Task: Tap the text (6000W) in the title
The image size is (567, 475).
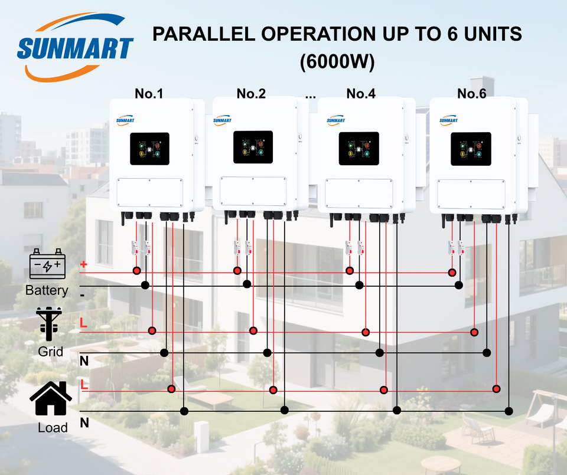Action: pyautogui.click(x=337, y=63)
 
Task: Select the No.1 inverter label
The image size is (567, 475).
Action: pyautogui.click(x=149, y=93)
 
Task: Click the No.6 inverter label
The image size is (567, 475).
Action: pyautogui.click(x=471, y=93)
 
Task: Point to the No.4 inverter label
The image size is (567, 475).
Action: pyautogui.click(x=361, y=93)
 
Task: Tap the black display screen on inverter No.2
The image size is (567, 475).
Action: pyautogui.click(x=253, y=148)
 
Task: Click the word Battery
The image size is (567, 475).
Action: pyautogui.click(x=47, y=290)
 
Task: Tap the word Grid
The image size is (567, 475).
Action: pyautogui.click(x=51, y=352)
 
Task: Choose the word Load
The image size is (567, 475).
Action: pyautogui.click(x=53, y=427)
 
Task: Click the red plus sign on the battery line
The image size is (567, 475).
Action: pyautogui.click(x=83, y=265)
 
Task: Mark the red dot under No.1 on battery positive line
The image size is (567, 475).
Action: pyautogui.click(x=136, y=271)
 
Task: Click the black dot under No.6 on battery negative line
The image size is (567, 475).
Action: pyautogui.click(x=459, y=286)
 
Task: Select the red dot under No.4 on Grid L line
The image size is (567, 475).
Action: pyautogui.click(x=366, y=332)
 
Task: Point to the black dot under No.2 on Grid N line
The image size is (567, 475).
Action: pyautogui.click(x=267, y=353)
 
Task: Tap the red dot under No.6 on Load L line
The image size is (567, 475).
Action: pyautogui.click(x=496, y=389)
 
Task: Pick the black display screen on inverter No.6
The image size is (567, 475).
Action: pyautogui.click(x=471, y=149)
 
